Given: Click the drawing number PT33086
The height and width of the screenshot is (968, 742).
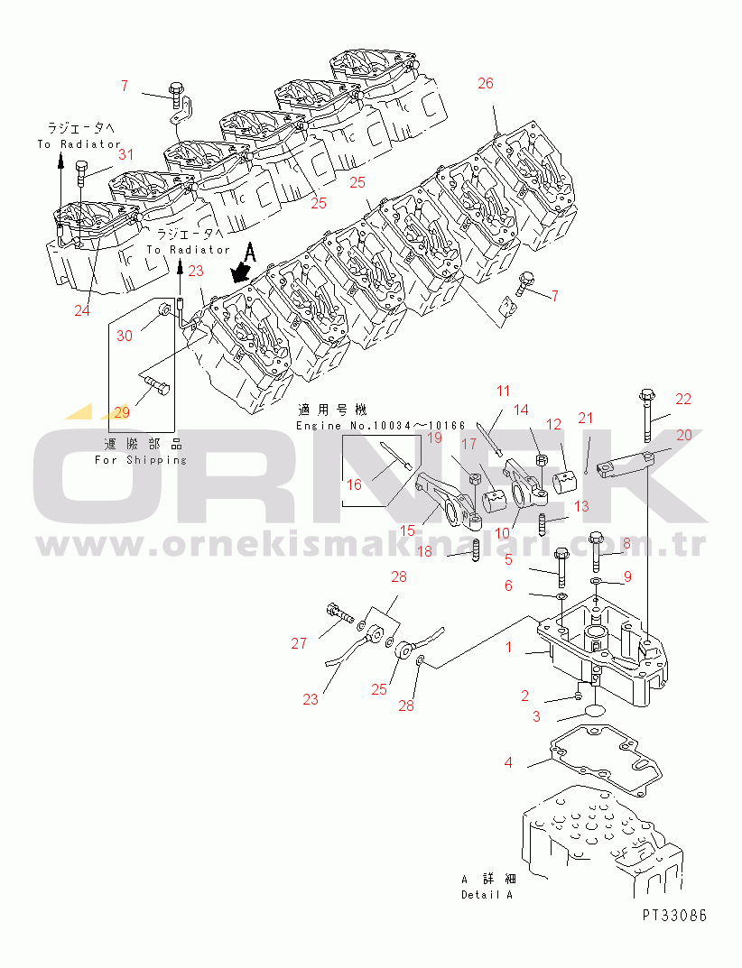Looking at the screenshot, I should [674, 915].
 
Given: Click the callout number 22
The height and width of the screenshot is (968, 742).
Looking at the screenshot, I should [682, 399].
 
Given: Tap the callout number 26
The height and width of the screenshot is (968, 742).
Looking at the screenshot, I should [486, 84].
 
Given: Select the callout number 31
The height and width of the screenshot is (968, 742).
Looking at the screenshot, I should [125, 154].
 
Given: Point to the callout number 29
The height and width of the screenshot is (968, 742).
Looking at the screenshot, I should [122, 412].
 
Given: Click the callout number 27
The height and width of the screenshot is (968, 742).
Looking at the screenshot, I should [299, 643].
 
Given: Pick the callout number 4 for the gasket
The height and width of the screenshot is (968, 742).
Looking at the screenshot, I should [508, 763].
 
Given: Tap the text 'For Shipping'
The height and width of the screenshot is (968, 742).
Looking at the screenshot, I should [141, 460].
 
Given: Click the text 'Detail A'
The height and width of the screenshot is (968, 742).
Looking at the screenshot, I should [487, 895].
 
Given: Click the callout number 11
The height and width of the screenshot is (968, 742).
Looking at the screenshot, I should [503, 391].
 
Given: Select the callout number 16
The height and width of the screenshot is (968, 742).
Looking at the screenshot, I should [353, 484].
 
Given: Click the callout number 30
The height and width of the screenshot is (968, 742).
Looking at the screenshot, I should [125, 335].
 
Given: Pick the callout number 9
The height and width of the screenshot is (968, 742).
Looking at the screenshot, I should [627, 576].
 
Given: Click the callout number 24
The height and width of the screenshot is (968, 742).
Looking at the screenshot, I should [82, 310].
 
